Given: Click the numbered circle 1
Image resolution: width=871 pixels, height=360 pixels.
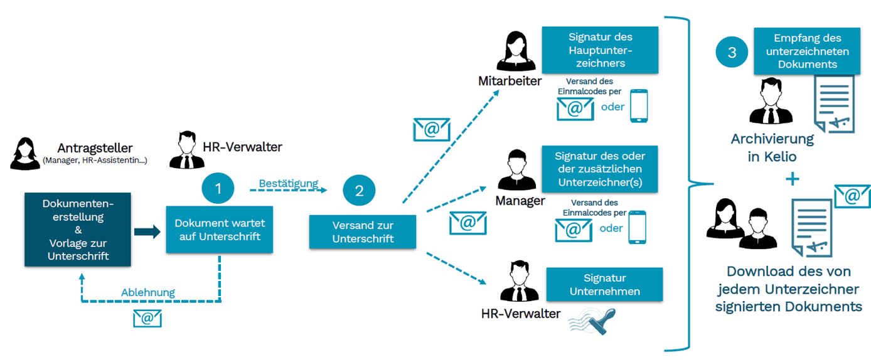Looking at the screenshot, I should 218,189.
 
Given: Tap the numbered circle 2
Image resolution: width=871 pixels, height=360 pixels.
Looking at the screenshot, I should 359,191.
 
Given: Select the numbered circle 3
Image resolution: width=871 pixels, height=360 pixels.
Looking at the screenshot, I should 732,53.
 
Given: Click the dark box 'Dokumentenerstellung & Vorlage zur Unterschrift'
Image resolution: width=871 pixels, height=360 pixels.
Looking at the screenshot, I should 78,230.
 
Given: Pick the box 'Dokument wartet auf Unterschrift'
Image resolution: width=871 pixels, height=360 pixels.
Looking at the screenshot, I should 219,230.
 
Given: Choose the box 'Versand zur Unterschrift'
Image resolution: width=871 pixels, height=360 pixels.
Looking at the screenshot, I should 362,232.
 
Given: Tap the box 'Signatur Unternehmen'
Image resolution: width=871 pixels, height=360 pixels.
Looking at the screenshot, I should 604,284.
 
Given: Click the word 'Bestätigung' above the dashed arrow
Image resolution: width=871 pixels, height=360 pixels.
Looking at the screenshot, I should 289,184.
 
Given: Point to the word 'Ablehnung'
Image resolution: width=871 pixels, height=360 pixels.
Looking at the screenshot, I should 147,292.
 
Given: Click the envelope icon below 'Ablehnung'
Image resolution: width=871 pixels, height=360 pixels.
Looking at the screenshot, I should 147,318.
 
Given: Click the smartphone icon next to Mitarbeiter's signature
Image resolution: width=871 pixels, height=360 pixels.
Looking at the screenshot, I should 638,106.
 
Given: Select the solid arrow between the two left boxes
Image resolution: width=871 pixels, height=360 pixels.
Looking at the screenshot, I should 147,232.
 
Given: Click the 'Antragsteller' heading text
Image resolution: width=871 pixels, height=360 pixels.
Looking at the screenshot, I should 95,148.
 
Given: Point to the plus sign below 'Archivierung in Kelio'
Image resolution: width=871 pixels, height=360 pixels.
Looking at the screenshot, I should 793,180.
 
